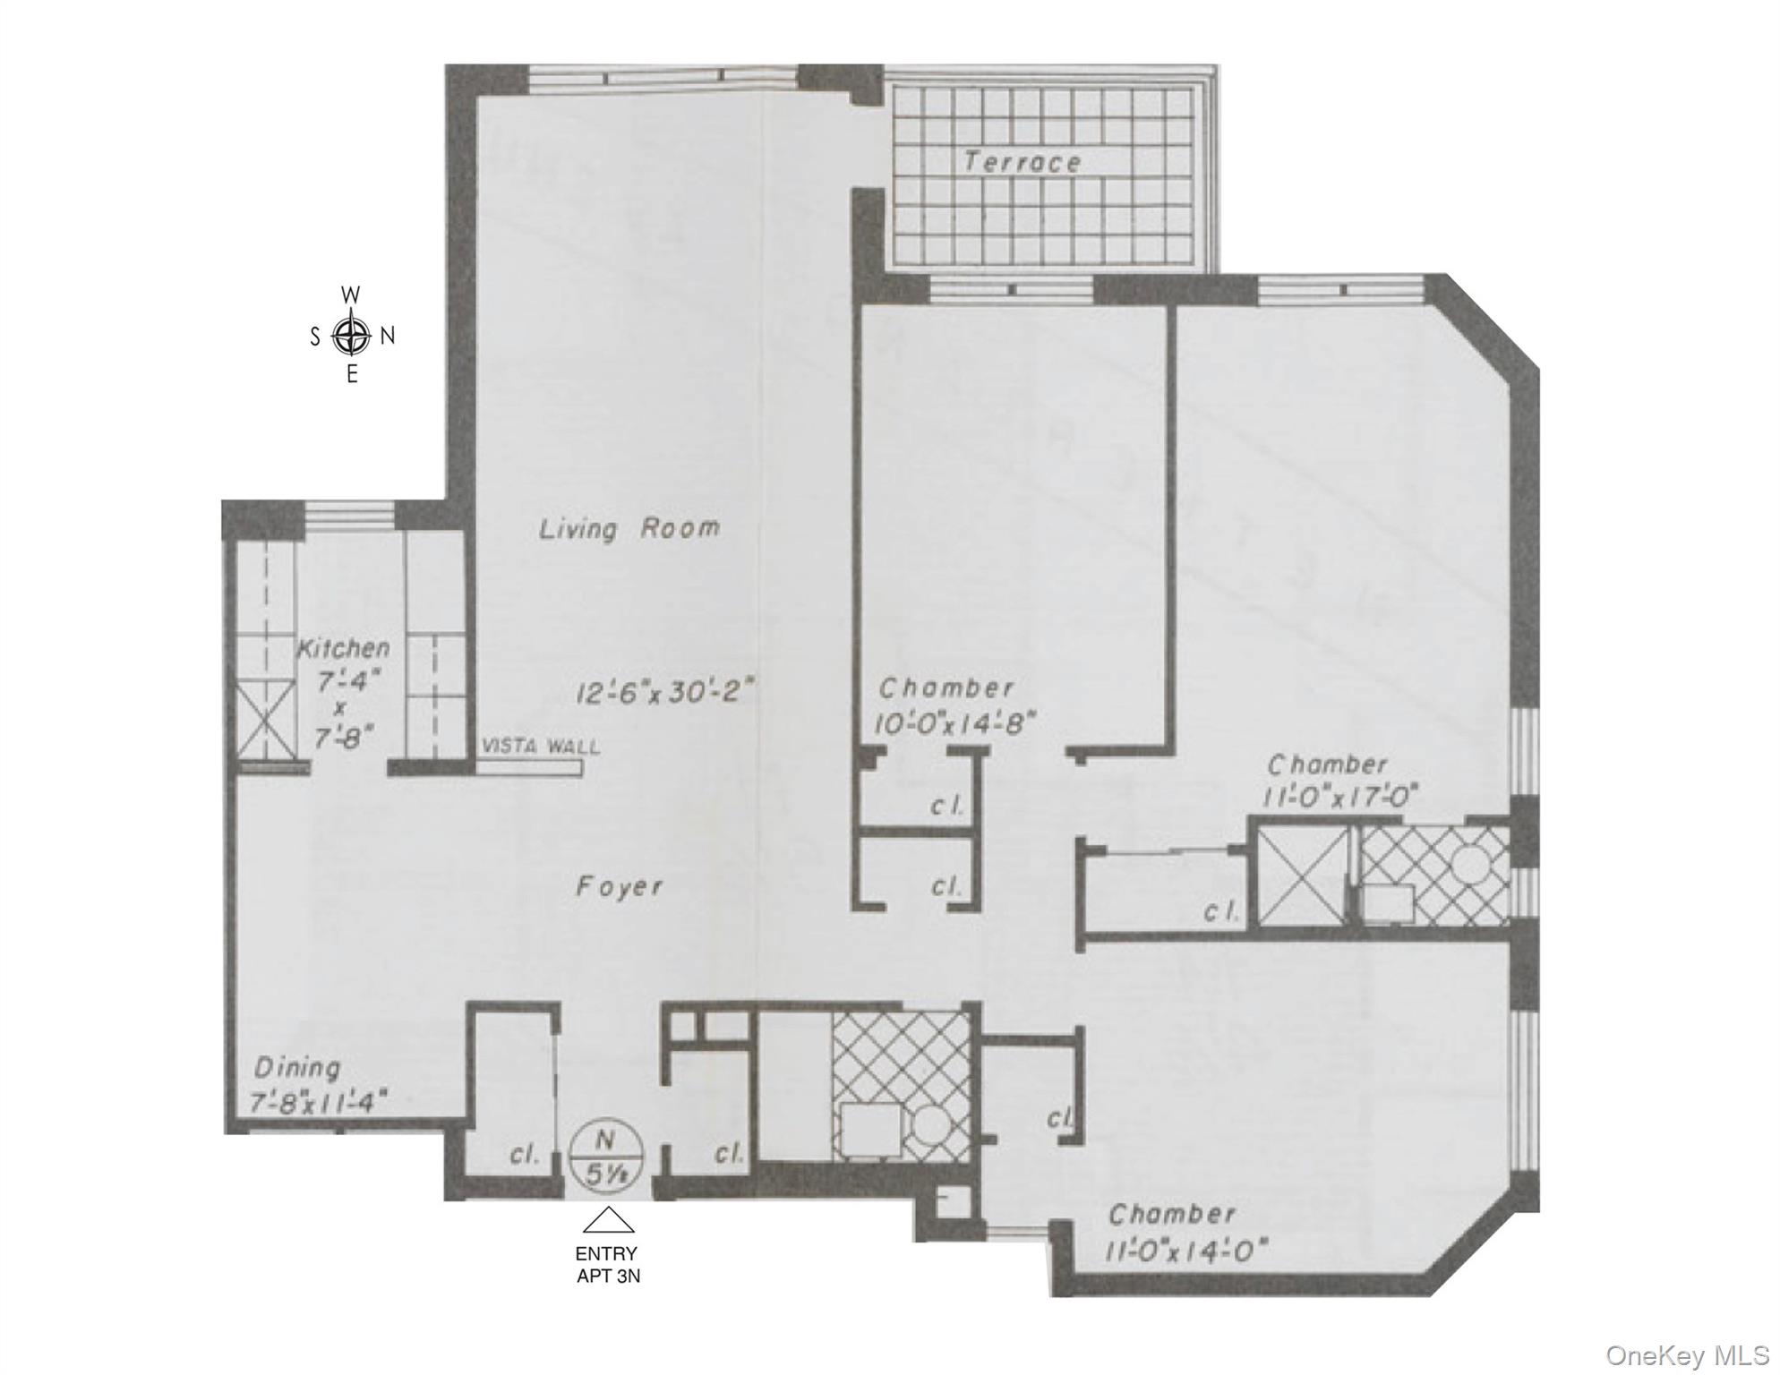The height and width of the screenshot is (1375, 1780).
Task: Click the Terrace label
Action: (x=1022, y=163)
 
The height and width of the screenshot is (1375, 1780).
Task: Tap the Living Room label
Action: (x=629, y=528)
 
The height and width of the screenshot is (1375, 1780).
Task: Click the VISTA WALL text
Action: (x=541, y=747)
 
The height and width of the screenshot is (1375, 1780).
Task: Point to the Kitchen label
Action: (x=343, y=647)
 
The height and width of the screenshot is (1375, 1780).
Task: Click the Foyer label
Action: (x=619, y=887)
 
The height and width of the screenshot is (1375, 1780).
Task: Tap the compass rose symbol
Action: (x=351, y=337)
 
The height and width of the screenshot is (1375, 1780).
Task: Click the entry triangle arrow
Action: (x=608, y=1221)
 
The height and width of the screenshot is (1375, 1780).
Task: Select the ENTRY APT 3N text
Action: (x=607, y=1265)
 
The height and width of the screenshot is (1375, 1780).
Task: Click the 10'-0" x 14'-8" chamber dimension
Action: (x=954, y=722)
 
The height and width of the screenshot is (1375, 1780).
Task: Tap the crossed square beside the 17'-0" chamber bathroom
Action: (x=1304, y=875)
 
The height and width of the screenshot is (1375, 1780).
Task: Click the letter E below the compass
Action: (x=352, y=376)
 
